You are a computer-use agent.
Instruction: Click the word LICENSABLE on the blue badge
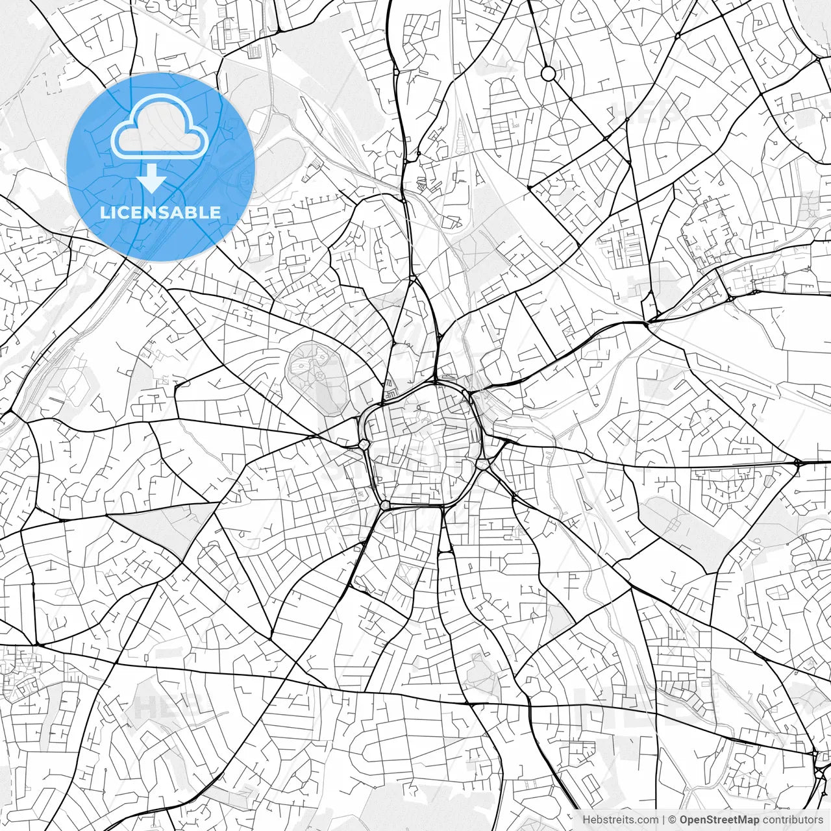pos(160,212)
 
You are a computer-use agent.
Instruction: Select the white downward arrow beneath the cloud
pos(151,179)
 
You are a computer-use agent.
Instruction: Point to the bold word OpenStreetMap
pos(719,820)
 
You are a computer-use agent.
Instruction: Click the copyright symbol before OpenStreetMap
pos(673,820)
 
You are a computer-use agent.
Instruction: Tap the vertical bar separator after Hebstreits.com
pos(664,820)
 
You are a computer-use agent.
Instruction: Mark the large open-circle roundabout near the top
pos(549,73)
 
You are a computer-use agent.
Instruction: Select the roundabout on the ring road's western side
pos(364,444)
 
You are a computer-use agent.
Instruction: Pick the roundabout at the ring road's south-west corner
pos(386,504)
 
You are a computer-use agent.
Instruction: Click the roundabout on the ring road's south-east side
pos(482,464)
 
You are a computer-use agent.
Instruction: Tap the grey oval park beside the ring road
pos(316,377)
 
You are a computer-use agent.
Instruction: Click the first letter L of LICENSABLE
pos(104,212)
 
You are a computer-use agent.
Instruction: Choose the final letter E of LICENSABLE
pos(216,212)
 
